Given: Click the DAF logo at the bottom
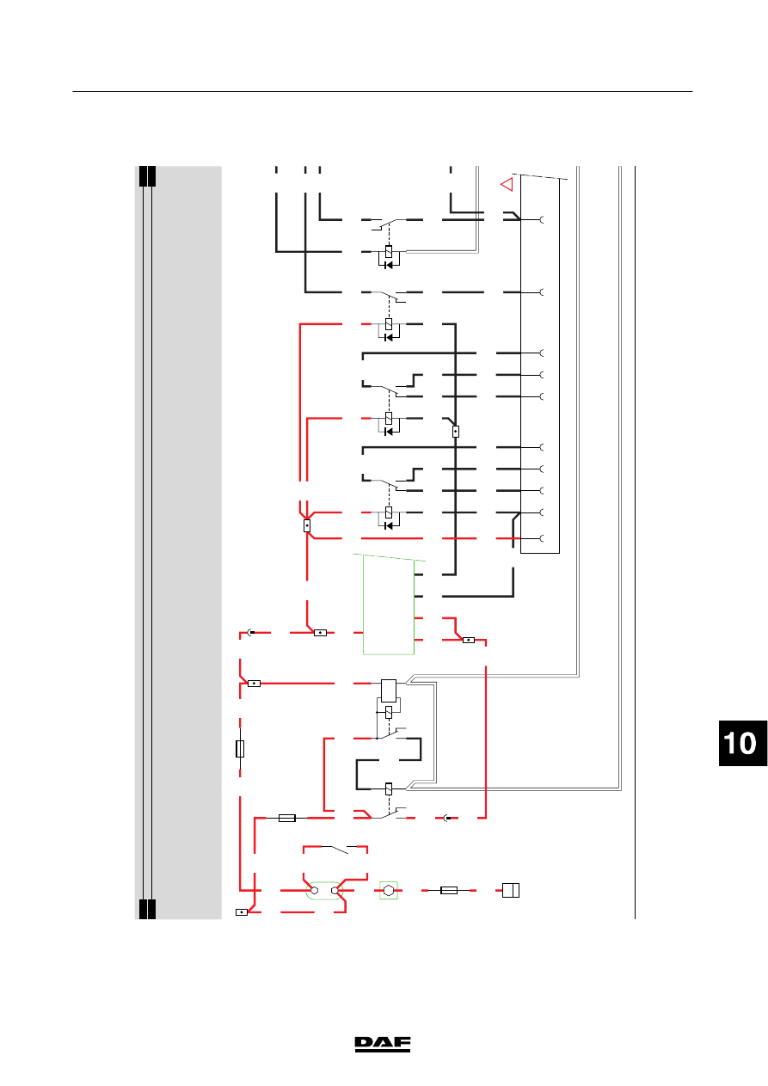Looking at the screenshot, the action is coord(383,1045).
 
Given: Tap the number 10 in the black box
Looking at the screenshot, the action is coord(740,743).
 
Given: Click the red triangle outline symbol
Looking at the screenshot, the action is coord(507,184).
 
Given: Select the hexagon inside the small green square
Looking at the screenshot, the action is coord(389,890).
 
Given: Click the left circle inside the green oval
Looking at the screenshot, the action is coord(314,890).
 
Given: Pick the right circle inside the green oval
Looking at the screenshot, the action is coord(335,890).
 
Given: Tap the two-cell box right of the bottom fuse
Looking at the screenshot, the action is coord(511,890).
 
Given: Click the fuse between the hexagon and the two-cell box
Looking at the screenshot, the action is coord(448,890).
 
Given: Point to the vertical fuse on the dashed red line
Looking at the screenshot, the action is coord(240,749).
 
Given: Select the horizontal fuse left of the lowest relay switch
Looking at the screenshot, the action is coord(287,818).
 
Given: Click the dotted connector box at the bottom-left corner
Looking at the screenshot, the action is coord(242,912).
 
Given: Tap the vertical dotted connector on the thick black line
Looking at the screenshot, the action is coord(456,432).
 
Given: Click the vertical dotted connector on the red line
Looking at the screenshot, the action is coord(307,525).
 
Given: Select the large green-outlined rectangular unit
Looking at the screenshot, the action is coord(389,605).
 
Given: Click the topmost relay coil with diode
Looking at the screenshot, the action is coord(389,256).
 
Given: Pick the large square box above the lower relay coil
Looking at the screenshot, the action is coord(389,690).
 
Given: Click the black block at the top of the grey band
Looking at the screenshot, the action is coord(147,176).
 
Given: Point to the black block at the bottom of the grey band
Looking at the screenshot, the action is coord(147,909).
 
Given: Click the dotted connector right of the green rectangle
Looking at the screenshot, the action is coord(469,640).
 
